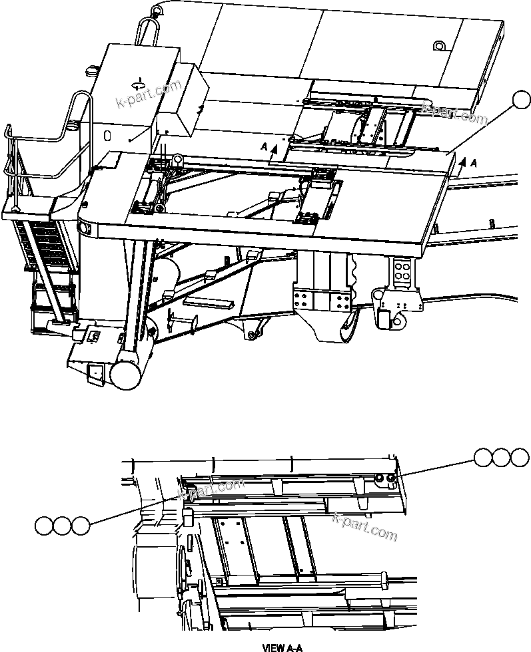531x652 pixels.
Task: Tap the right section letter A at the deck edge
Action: pyautogui.click(x=473, y=162)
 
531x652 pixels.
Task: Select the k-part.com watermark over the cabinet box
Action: pyautogui.click(x=149, y=94)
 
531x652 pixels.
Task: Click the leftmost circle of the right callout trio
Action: pyautogui.click(x=484, y=458)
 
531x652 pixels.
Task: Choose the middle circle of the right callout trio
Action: pyautogui.click(x=502, y=458)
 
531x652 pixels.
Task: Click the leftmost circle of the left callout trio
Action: pyautogui.click(x=45, y=526)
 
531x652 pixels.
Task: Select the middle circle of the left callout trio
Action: pyautogui.click(x=63, y=526)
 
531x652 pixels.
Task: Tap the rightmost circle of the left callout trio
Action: pyautogui.click(x=81, y=526)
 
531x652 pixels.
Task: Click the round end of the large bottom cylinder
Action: pyautogui.click(x=124, y=375)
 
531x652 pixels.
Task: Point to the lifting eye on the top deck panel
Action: pyautogui.click(x=439, y=46)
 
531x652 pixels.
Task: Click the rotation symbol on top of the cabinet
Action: pyautogui.click(x=139, y=84)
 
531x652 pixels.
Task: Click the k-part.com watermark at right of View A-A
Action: pyautogui.click(x=364, y=527)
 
